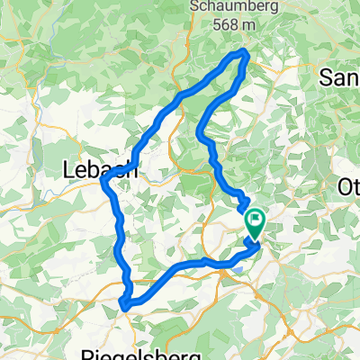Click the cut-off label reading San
point(340,79)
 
